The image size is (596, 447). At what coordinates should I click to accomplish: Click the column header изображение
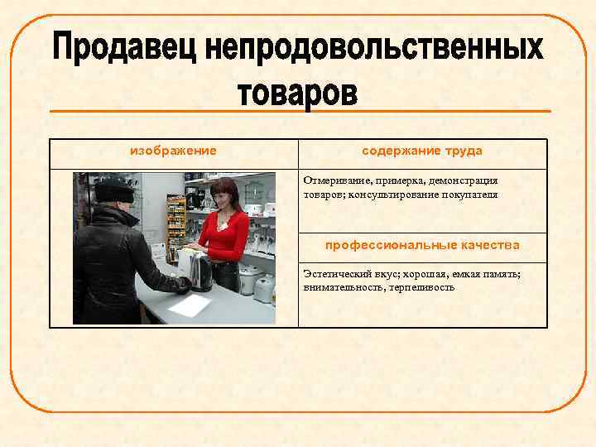[174, 151]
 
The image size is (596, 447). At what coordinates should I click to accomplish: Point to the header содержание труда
[422, 151]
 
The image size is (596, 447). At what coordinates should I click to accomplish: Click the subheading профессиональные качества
[422, 245]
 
